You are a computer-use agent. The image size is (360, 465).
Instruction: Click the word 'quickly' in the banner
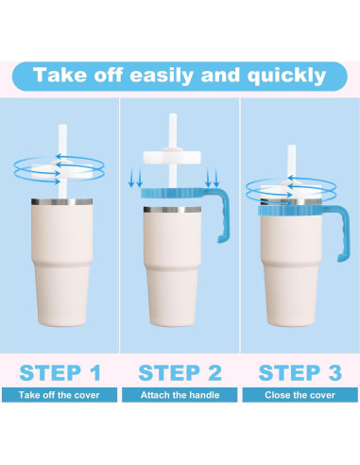click(286, 76)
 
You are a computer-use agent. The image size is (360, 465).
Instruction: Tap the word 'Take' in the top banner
click(60, 75)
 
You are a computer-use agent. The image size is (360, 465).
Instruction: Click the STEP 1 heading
click(60, 372)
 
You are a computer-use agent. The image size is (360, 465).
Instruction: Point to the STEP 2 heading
click(180, 372)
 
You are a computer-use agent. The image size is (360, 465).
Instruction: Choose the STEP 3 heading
click(300, 372)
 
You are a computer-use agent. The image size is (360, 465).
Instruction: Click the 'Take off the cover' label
click(60, 395)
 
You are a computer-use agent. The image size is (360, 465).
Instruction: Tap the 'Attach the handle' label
click(180, 395)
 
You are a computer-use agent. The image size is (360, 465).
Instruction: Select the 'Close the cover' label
click(300, 395)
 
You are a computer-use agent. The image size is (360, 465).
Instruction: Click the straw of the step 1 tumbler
click(62, 161)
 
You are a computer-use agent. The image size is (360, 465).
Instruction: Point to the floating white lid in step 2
click(172, 157)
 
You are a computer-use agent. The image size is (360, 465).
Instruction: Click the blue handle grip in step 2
click(223, 216)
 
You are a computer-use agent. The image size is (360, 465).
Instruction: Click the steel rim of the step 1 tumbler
click(61, 202)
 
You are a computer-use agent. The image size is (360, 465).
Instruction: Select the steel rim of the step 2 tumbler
click(172, 210)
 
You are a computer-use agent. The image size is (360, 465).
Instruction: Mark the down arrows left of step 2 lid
click(136, 178)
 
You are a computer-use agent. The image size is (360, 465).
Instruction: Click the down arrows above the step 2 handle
click(212, 178)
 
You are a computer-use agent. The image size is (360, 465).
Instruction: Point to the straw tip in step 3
click(291, 146)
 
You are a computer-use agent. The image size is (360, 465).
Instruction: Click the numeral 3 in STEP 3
click(334, 372)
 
